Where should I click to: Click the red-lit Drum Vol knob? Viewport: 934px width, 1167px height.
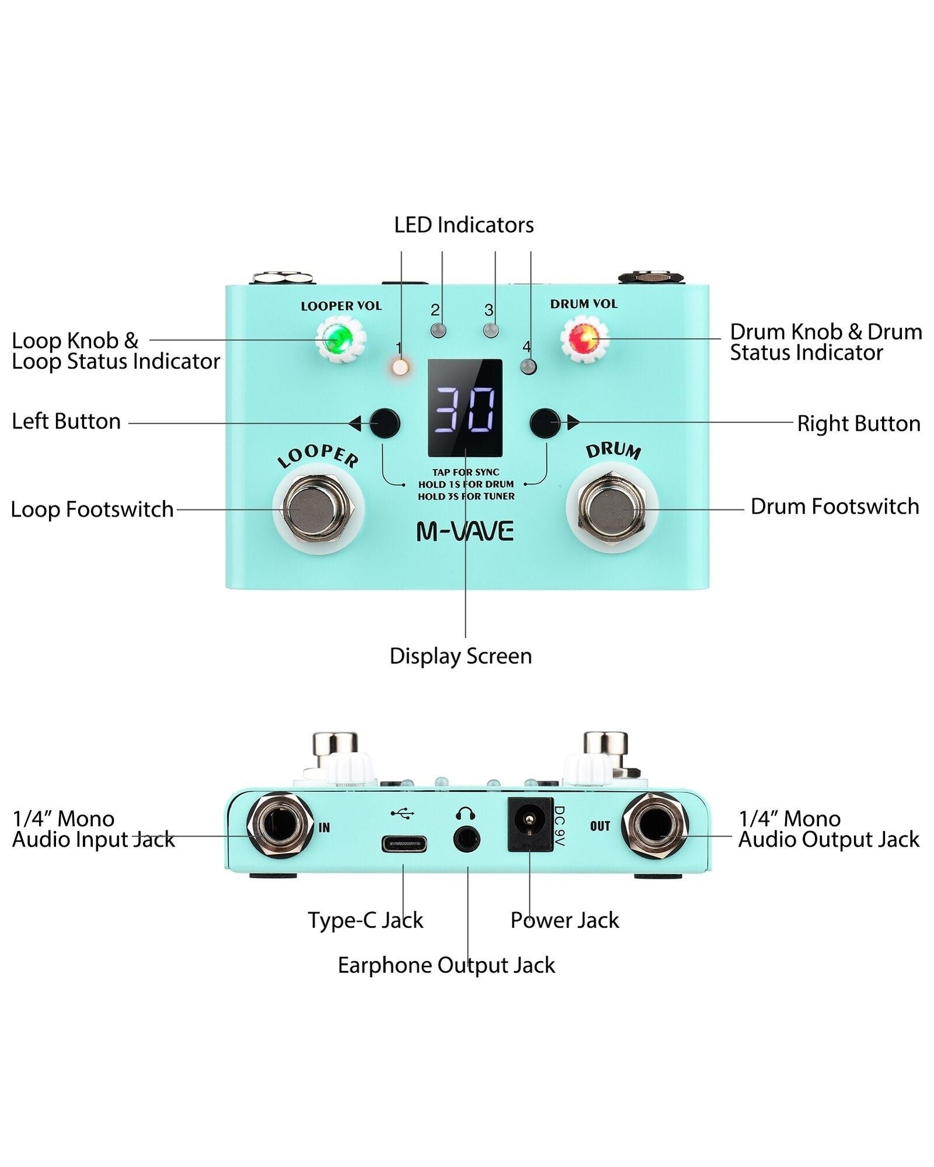coord(584,339)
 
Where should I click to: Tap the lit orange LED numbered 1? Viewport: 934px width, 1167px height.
coord(400,368)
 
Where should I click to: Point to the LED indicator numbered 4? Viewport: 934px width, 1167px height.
coord(529,367)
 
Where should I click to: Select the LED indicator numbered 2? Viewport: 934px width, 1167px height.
coord(438,330)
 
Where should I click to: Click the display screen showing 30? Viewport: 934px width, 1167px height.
coord(465,407)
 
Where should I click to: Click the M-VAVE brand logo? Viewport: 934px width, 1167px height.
coord(465,531)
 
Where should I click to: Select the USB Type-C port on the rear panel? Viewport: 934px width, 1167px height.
coord(404,844)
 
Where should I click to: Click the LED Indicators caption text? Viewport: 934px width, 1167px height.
coord(463,225)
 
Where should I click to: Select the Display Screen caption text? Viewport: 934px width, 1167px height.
coord(461,656)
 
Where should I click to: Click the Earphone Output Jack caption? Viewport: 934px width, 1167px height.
coord(446,965)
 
